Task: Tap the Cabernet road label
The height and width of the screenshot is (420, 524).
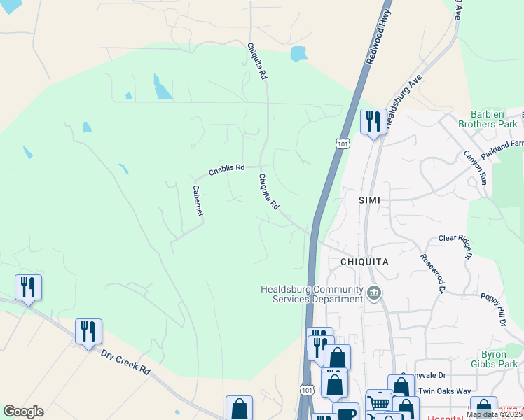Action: pyautogui.click(x=198, y=200)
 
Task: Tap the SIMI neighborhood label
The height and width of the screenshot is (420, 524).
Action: pyautogui.click(x=369, y=200)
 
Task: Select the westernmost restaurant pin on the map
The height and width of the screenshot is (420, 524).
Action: pyautogui.click(x=28, y=287)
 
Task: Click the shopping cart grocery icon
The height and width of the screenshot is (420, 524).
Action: pyautogui.click(x=379, y=402)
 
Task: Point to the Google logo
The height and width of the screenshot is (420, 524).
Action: pyautogui.click(x=23, y=412)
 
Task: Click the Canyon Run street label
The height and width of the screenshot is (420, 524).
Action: pyautogui.click(x=474, y=167)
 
